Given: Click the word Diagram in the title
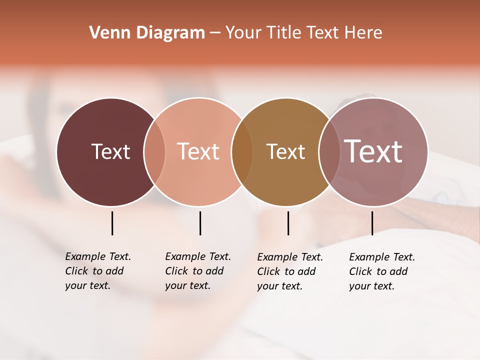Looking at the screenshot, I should pyautogui.click(x=170, y=32).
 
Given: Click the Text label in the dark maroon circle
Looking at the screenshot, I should pyautogui.click(x=110, y=151).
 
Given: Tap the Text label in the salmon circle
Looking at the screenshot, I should pyautogui.click(x=198, y=151).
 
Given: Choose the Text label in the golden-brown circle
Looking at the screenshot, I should pyautogui.click(x=285, y=151).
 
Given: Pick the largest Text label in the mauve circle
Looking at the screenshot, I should pyautogui.click(x=373, y=151).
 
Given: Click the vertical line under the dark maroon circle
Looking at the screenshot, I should pyautogui.click(x=112, y=223).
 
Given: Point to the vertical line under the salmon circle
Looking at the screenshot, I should pyautogui.click(x=200, y=223).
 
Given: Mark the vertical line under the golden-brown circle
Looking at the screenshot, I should pyautogui.click(x=288, y=223).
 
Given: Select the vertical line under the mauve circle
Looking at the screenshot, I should pyautogui.click(x=372, y=223).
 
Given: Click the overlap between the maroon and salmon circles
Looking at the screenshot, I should pyautogui.click(x=154, y=151).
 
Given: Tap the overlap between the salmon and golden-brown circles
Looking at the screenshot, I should pyautogui.click(x=242, y=151).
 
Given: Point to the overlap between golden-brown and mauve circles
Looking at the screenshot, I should pyautogui.click(x=329, y=151).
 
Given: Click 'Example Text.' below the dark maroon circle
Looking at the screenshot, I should pyautogui.click(x=98, y=256).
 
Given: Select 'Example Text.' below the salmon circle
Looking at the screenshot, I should pyautogui.click(x=198, y=256).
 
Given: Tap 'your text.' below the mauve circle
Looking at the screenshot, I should pyautogui.click(x=371, y=286).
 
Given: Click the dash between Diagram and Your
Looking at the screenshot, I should pyautogui.click(x=215, y=33).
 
